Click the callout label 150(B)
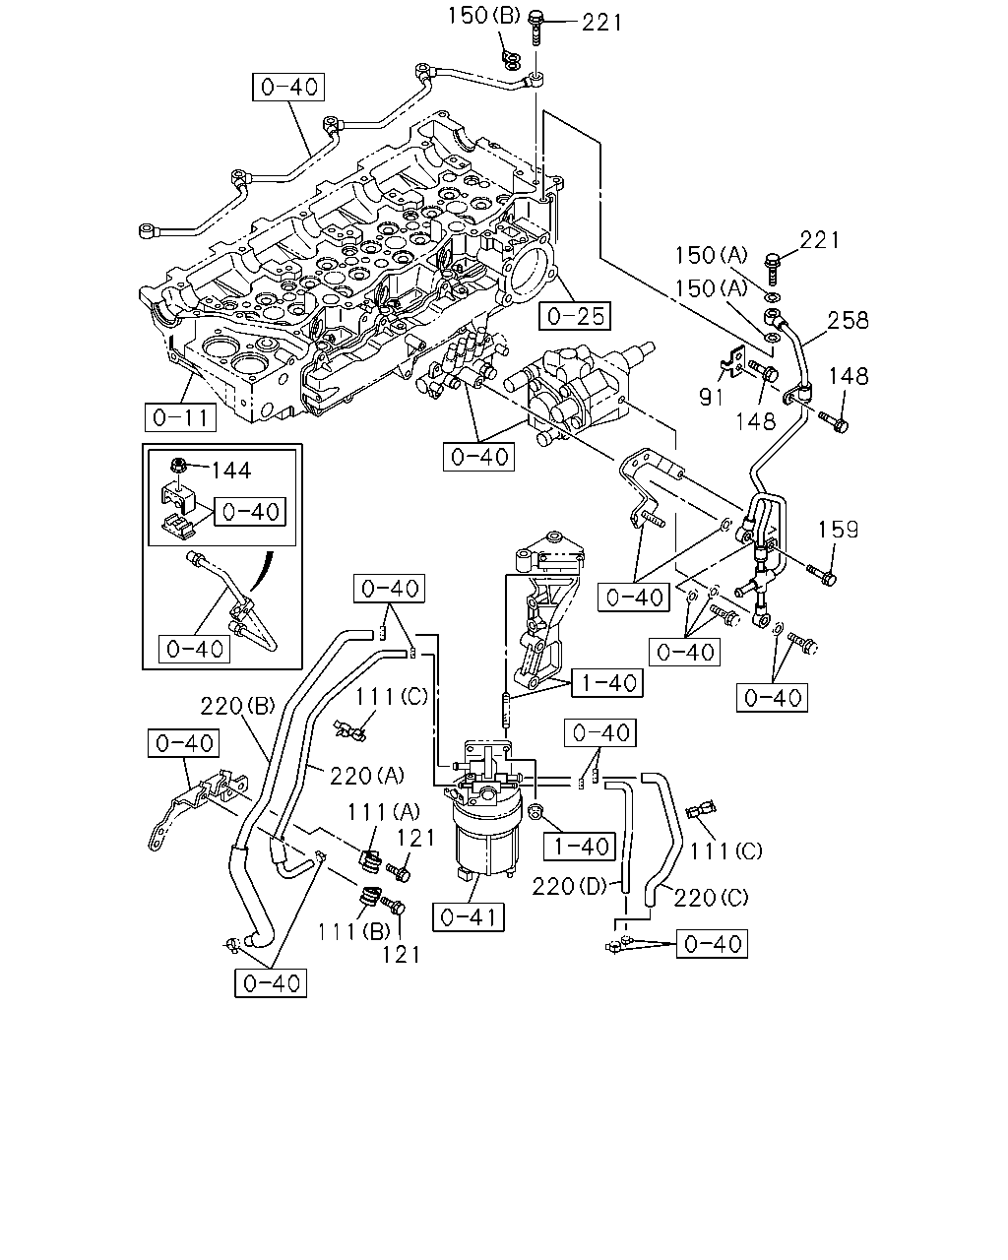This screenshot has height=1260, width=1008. (x=483, y=16)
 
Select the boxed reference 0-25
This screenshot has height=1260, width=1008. (x=575, y=316)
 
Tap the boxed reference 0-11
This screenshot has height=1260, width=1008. (x=180, y=417)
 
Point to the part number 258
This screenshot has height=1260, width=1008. (x=848, y=320)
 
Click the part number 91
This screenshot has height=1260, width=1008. (x=712, y=397)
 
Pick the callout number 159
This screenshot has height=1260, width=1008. (x=838, y=530)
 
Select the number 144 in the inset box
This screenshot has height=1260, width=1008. (x=230, y=470)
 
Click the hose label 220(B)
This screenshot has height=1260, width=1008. (x=238, y=706)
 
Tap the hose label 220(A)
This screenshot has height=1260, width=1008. (x=367, y=776)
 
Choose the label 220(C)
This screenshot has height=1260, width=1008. (x=711, y=897)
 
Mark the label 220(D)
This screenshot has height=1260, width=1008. (x=569, y=887)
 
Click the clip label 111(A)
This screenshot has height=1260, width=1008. (x=384, y=811)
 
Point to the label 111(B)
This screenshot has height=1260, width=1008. (x=353, y=931)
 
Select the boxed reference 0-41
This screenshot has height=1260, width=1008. (x=468, y=916)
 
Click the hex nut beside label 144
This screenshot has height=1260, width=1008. (x=178, y=467)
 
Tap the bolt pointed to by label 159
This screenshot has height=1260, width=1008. (x=822, y=574)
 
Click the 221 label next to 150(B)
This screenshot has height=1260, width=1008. (x=601, y=23)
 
